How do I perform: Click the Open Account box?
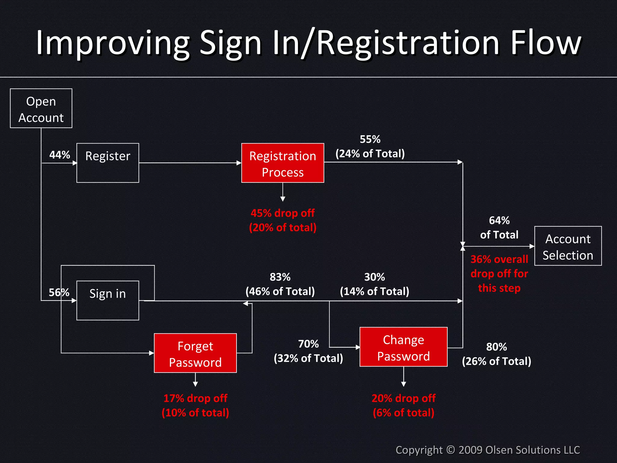pos(41,109)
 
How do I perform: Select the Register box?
pos(108,163)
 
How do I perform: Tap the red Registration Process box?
pos(283,163)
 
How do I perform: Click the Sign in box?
pos(108,300)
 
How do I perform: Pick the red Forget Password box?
pos(195,353)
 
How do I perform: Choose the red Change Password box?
pos(403,347)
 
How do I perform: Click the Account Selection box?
pos(568,246)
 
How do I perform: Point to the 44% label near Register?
pos(60,155)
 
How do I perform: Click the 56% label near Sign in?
pos(59,292)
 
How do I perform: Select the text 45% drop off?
pos(283,213)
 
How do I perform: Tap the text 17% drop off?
pos(195,398)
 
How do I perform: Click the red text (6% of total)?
pos(403,413)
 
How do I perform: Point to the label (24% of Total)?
pos(370,154)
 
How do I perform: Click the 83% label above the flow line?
pos(280,277)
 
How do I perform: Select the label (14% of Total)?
pos(374,291)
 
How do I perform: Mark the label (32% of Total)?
pos(308,358)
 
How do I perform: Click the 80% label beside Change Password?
pos(496,347)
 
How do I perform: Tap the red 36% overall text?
pos(499,259)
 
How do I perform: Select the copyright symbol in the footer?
pos(450,450)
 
